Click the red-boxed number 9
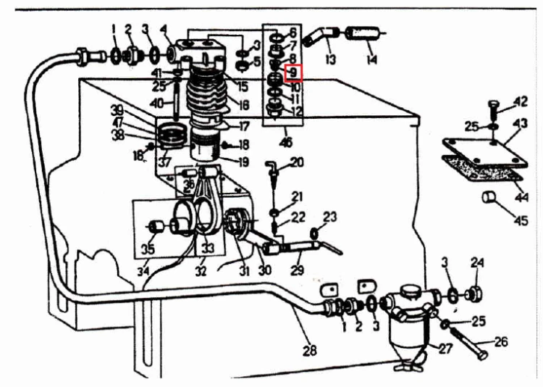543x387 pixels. [x=293, y=72]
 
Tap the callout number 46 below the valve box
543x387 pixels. [x=286, y=142]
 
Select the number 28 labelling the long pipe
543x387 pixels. [x=309, y=350]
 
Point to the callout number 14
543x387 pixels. [x=371, y=59]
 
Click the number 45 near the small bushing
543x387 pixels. [x=521, y=220]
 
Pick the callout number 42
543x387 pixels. [x=520, y=101]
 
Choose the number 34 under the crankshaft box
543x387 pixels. [x=143, y=270]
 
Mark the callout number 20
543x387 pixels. [x=297, y=162]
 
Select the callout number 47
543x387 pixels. [x=118, y=122]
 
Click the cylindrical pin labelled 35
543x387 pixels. [x=156, y=227]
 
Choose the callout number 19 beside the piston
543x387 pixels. [x=243, y=162]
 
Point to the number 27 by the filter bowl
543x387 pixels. [x=446, y=348]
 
